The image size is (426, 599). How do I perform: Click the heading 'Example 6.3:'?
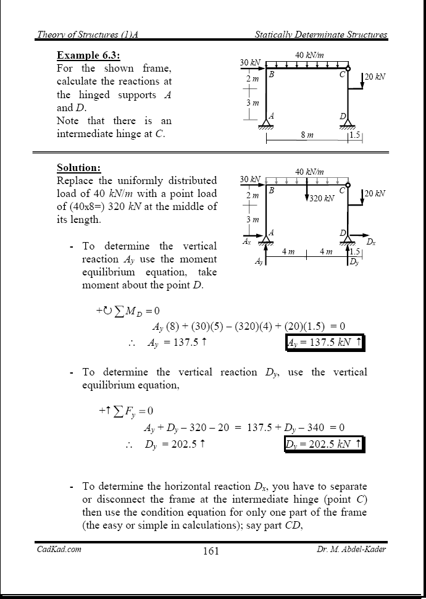coord(88,55)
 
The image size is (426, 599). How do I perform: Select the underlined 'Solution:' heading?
coord(79,167)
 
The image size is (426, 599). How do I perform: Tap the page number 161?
coord(211,551)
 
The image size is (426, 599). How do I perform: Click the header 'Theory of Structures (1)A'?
coord(88,35)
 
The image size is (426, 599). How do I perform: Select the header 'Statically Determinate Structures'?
coord(321,35)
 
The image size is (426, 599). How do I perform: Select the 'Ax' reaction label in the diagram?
coord(247,242)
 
